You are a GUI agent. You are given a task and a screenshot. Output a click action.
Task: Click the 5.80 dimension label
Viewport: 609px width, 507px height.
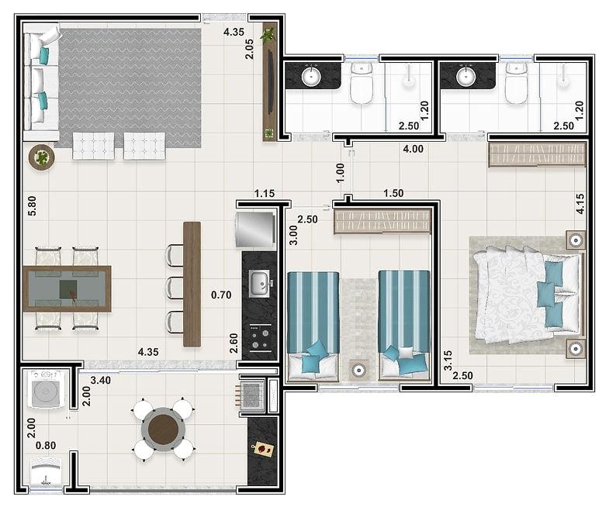pyautogui.click(x=32, y=205)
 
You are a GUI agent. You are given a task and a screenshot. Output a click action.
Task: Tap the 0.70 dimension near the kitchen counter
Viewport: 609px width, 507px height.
pyautogui.click(x=221, y=295)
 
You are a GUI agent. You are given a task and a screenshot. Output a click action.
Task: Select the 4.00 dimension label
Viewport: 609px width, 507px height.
pyautogui.click(x=413, y=149)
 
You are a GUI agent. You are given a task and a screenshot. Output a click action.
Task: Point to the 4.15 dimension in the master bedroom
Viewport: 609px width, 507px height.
pyautogui.click(x=580, y=204)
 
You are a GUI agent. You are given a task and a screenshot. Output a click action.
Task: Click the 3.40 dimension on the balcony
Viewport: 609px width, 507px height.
pyautogui.click(x=101, y=380)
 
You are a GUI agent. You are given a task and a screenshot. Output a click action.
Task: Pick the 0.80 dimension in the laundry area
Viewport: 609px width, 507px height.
pyautogui.click(x=46, y=445)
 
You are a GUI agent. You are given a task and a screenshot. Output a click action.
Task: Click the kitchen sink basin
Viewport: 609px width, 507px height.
pyautogui.click(x=258, y=284)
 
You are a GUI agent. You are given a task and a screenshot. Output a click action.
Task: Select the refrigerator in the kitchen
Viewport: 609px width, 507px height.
pyautogui.click(x=255, y=229)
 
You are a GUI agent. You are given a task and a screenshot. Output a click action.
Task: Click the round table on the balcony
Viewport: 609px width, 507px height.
pyautogui.click(x=163, y=429)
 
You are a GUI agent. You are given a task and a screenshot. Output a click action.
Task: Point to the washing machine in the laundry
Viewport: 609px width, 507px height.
pyautogui.click(x=47, y=389)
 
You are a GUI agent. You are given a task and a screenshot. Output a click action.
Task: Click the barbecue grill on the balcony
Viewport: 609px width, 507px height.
pyautogui.click(x=251, y=395)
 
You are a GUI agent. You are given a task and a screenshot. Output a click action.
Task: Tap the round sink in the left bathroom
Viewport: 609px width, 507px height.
pyautogui.click(x=311, y=77)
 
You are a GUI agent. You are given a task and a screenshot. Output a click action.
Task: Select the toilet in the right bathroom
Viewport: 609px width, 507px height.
pyautogui.click(x=516, y=84)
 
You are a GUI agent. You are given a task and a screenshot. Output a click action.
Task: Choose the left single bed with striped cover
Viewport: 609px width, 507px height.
pyautogui.click(x=313, y=326)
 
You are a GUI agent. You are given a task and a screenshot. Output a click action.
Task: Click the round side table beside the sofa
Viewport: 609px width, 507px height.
pyautogui.click(x=42, y=157)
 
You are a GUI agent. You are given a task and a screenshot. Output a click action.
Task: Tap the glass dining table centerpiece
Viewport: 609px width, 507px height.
pyautogui.click(x=68, y=290)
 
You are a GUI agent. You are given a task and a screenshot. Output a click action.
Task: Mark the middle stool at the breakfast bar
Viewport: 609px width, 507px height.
pyautogui.click(x=175, y=288)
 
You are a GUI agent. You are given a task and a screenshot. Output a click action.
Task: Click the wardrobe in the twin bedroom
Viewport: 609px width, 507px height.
pyautogui.click(x=382, y=222)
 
